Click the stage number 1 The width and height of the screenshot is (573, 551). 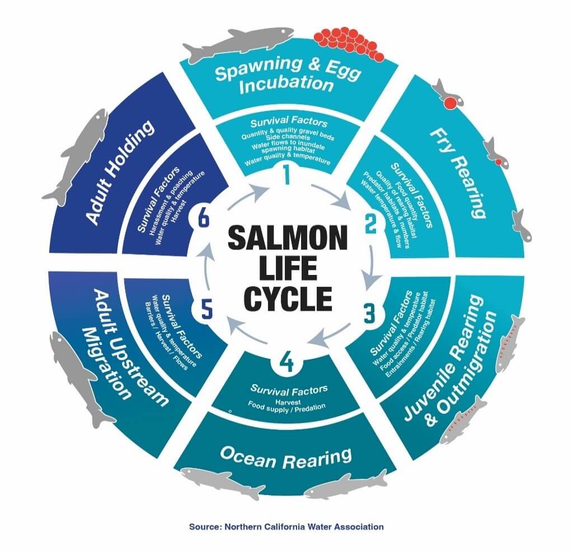[x=286, y=175]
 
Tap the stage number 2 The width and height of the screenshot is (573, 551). [x=370, y=224]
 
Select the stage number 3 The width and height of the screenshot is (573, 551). [x=369, y=314]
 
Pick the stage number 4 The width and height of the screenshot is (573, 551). [x=286, y=363]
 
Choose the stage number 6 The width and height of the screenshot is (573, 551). [x=203, y=220]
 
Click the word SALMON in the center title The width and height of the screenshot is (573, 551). [x=287, y=238]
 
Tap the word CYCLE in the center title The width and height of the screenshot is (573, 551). [x=289, y=298]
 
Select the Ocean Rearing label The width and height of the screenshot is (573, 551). [x=286, y=457]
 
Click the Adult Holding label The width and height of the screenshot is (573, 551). [x=120, y=172]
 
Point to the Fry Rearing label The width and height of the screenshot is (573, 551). [x=458, y=172]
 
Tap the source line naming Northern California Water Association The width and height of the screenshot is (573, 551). [x=286, y=526]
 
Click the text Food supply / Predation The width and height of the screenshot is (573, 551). [x=286, y=407]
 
